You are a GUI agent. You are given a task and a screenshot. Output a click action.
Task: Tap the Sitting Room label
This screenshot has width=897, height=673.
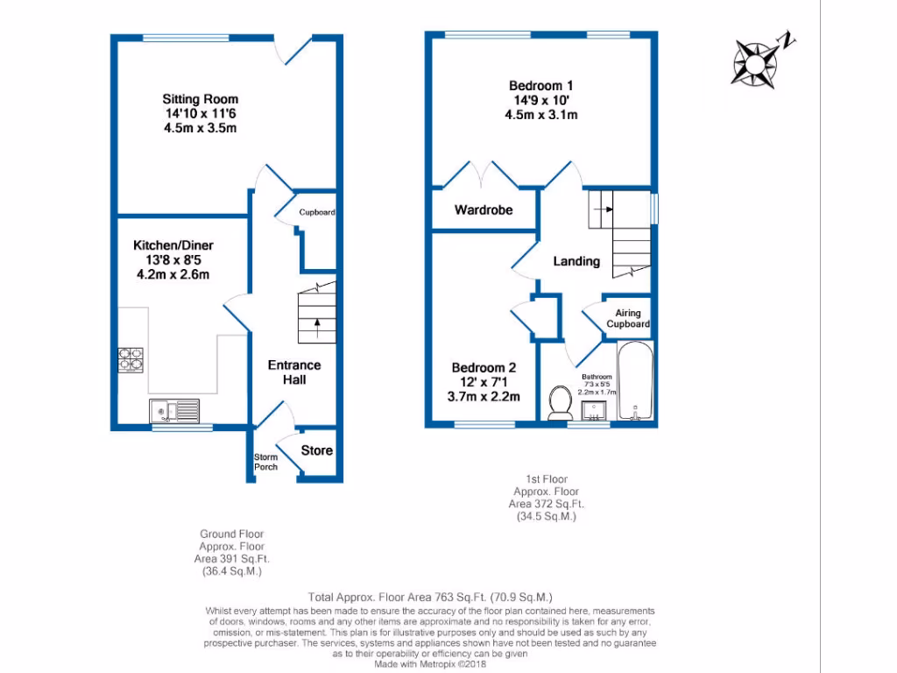point(200,99)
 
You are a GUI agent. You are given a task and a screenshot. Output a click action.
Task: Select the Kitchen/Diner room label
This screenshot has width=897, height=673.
point(173,244)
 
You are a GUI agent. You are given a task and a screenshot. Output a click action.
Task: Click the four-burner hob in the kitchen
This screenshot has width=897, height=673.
point(131,359)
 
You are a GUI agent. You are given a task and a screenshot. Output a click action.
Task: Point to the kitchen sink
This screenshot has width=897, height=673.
point(174,409)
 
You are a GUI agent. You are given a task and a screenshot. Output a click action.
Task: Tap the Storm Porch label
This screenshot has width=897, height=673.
point(265,462)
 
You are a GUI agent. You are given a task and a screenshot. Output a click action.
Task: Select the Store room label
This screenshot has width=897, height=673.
point(317,450)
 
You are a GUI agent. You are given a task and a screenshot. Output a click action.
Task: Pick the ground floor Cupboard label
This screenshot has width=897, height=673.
point(317,213)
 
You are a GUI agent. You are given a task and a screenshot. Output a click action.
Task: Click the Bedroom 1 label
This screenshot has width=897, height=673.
point(541,86)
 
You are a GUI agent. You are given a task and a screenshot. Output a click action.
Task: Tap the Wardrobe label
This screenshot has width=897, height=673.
point(483,210)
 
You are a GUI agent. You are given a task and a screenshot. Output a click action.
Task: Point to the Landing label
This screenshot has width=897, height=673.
point(576,261)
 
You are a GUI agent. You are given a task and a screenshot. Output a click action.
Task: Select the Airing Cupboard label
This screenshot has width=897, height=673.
point(628,319)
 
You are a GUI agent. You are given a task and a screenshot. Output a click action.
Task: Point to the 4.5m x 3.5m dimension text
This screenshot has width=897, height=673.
point(200,128)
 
